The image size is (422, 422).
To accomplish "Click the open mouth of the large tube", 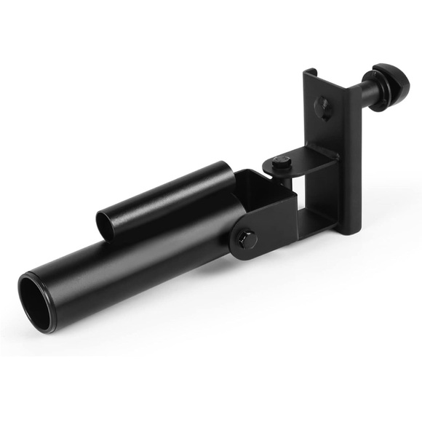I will (34, 290).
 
